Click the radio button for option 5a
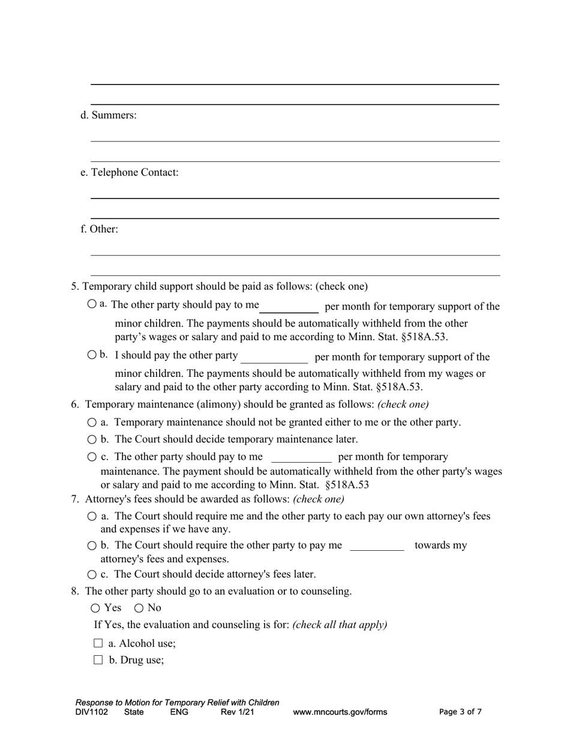click(x=91, y=304)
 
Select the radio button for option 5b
click(x=91, y=355)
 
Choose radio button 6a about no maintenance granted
click(x=92, y=422)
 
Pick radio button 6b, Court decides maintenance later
click(x=92, y=439)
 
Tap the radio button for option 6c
click(x=92, y=457)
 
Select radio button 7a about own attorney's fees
click(x=92, y=516)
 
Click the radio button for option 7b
click(x=92, y=545)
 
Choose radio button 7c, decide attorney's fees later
click(x=92, y=574)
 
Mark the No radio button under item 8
click(x=139, y=608)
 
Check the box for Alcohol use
click(x=98, y=643)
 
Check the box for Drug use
click(x=98, y=660)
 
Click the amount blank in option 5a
click(x=289, y=307)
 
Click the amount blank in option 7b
click(x=377, y=545)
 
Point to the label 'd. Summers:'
click(x=109, y=115)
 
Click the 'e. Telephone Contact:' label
click(x=130, y=172)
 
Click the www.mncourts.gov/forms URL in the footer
click(x=340, y=712)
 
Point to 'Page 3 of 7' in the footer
click(x=460, y=712)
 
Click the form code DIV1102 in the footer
click(x=92, y=712)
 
